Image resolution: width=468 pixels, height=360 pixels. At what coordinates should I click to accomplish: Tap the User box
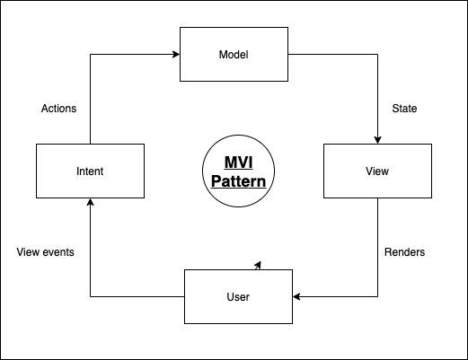click(238, 295)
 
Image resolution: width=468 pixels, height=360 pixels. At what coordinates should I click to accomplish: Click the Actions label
click(59, 109)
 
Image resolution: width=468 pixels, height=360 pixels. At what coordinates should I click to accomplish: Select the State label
click(406, 109)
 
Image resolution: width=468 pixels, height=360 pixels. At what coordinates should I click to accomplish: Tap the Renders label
click(404, 252)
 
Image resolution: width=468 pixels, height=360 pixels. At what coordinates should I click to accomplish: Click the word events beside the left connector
click(58, 252)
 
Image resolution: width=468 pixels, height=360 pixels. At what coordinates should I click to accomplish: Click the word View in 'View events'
click(29, 252)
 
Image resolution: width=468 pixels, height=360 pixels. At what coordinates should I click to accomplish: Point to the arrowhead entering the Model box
click(176, 54)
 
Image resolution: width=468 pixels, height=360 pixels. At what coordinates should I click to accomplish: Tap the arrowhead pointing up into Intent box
click(90, 202)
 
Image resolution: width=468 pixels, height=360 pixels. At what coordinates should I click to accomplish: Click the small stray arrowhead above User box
click(259, 264)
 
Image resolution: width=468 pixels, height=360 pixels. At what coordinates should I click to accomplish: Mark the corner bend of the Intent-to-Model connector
click(90, 54)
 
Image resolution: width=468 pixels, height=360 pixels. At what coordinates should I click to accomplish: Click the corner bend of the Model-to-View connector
click(377, 54)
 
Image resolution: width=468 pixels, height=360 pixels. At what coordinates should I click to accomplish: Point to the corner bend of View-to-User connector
click(377, 295)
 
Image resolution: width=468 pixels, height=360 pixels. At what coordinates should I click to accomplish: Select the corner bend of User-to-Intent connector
click(90, 295)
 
